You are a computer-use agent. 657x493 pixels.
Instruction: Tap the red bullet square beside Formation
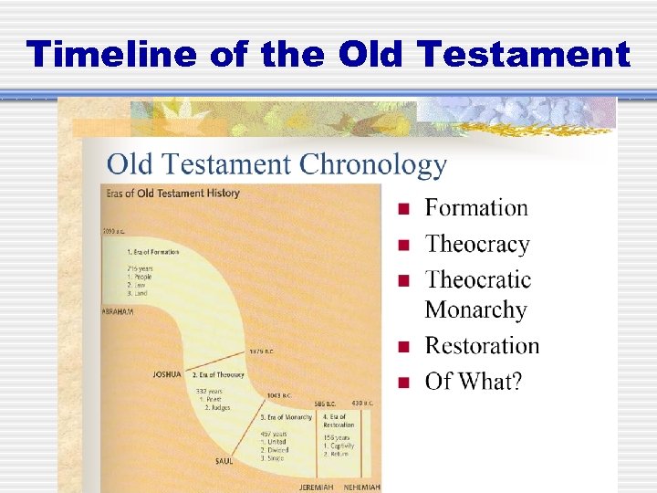(x=402, y=210)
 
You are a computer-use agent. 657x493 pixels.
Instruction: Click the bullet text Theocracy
(x=477, y=244)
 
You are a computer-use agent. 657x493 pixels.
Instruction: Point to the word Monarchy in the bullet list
(x=475, y=309)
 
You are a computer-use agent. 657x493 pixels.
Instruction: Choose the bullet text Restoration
(x=482, y=346)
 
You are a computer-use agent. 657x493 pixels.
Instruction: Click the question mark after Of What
(x=516, y=381)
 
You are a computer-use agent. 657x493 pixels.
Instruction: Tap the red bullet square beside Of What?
(x=402, y=383)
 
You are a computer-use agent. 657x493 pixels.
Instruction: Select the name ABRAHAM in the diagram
(x=119, y=310)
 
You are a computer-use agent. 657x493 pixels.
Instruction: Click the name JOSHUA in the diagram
(x=167, y=373)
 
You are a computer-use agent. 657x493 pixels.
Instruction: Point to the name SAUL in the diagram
(x=224, y=461)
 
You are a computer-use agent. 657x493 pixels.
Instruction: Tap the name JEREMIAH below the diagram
(x=318, y=487)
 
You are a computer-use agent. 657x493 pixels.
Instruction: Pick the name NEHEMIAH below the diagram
(x=361, y=487)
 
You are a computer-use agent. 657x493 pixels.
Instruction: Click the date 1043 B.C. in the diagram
(x=279, y=395)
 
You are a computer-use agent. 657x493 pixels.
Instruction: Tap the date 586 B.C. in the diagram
(x=327, y=403)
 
